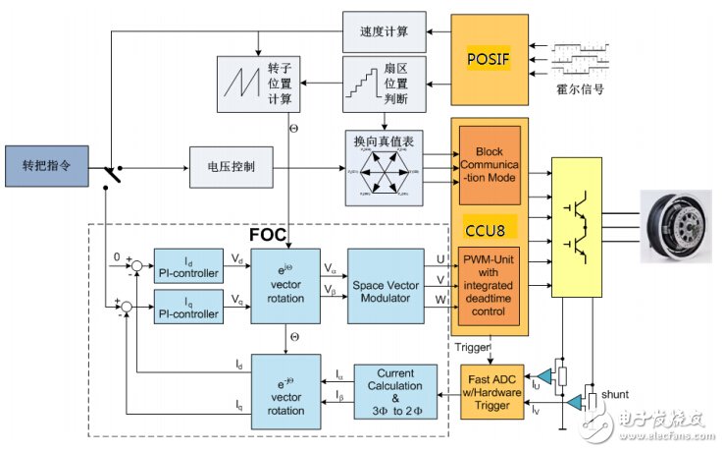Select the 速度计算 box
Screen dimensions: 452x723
pyautogui.click(x=384, y=34)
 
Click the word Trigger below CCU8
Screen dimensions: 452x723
pyautogui.click(x=474, y=346)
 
